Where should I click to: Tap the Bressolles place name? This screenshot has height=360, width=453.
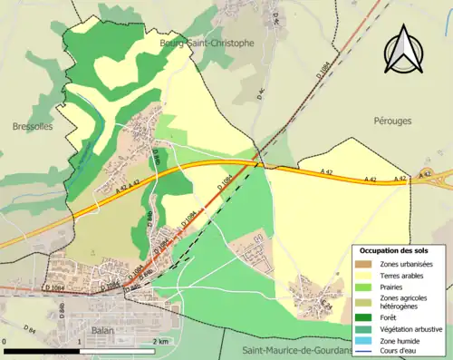pos(33,127)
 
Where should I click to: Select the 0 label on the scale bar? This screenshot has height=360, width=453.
pos(5,340)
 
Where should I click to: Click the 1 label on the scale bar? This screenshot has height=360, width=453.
pos(82,340)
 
